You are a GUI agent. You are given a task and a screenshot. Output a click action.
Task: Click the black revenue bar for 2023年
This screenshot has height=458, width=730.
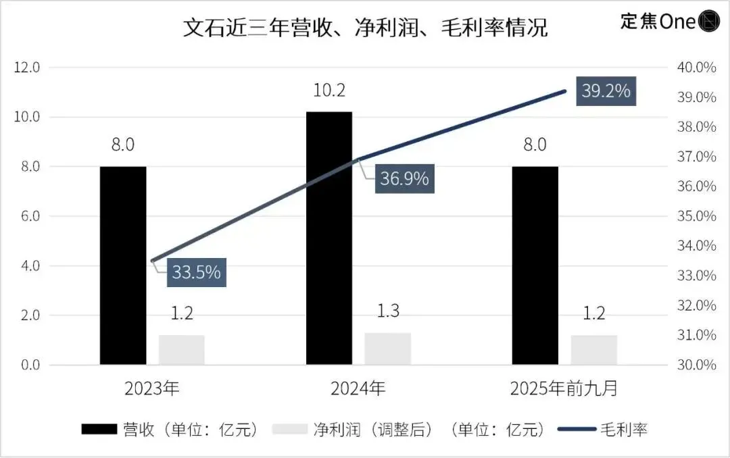click(123, 265)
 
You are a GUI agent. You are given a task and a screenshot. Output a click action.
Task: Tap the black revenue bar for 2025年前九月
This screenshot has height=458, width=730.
click(535, 265)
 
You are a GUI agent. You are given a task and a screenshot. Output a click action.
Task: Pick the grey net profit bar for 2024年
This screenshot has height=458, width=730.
click(388, 349)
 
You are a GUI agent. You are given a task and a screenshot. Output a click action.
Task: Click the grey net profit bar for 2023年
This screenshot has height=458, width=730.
click(182, 350)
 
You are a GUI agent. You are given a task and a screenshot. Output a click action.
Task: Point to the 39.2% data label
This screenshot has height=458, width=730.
click(606, 91)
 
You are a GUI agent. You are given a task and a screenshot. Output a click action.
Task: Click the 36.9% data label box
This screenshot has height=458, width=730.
click(404, 179)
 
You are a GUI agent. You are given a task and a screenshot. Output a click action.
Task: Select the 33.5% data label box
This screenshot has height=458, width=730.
click(196, 272)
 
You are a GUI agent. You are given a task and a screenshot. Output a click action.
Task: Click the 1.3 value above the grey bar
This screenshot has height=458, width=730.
click(388, 312)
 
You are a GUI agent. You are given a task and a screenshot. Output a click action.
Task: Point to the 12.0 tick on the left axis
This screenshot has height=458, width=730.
click(28, 68)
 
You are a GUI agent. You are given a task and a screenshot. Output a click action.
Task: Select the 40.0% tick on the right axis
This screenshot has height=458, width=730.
click(696, 68)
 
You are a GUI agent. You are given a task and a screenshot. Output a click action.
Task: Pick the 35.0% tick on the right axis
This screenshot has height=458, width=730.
click(696, 216)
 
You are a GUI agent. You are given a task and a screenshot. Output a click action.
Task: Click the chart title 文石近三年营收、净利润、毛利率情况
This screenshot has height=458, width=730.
click(365, 28)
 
